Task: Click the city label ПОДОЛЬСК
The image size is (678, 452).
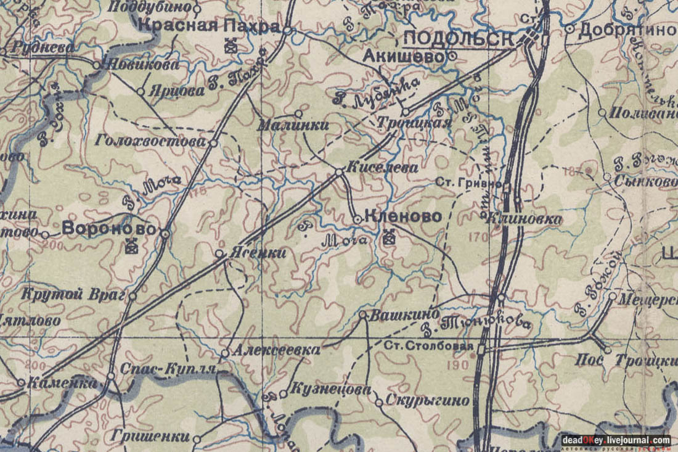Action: [459, 38]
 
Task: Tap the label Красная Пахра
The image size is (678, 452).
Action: [210, 26]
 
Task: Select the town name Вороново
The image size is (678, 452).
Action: [108, 228]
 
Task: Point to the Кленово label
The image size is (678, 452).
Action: [403, 216]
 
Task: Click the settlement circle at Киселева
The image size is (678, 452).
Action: [339, 171]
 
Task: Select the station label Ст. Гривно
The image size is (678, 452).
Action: [468, 183]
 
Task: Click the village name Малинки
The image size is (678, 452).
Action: [293, 126]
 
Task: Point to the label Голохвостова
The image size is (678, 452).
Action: [150, 141]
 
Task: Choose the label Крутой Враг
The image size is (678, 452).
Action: [73, 295]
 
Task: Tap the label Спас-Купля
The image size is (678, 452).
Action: [168, 369]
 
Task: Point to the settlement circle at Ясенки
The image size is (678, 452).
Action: [219, 253]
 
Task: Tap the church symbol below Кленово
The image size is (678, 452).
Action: [388, 237]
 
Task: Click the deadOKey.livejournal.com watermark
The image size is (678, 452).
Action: [616, 440]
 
